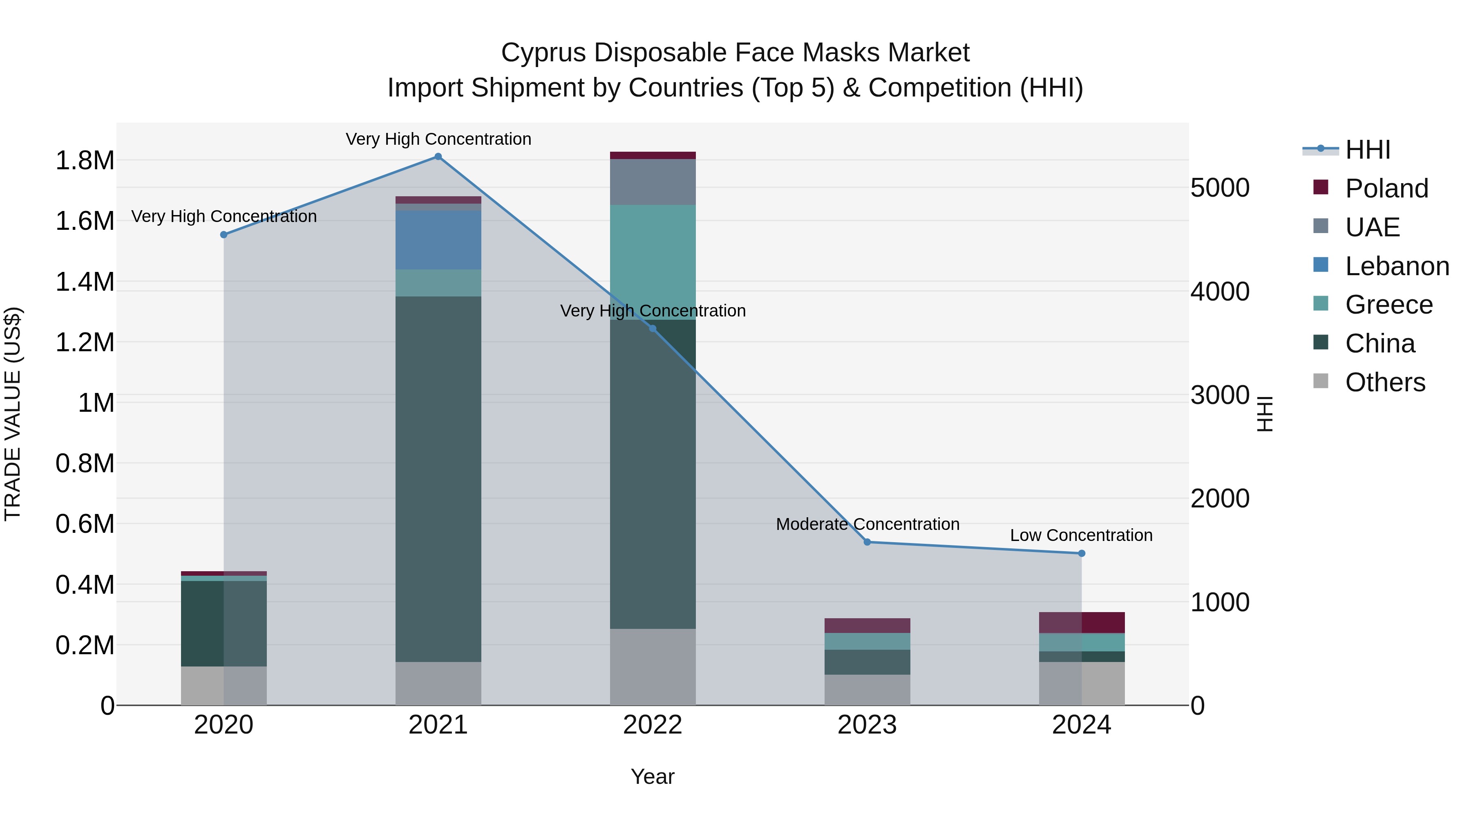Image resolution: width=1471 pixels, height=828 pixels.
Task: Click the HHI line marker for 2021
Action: (438, 156)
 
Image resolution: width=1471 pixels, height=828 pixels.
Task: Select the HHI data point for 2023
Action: (867, 542)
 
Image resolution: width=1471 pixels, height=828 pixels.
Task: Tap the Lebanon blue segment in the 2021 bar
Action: (438, 240)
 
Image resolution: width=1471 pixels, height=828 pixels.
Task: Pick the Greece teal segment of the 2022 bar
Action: (653, 262)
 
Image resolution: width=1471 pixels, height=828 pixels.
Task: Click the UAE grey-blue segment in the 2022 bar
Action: (653, 182)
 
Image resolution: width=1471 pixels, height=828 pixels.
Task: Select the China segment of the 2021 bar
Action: (438, 479)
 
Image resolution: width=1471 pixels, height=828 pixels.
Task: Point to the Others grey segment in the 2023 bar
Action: (867, 690)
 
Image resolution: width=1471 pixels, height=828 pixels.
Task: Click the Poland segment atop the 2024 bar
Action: (1082, 622)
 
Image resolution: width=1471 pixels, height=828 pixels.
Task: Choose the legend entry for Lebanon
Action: (1396, 266)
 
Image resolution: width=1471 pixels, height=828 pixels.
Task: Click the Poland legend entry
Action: (1386, 188)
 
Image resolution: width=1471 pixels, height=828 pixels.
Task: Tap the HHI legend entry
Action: (1367, 150)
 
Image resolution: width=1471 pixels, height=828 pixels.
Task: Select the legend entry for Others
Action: (1385, 382)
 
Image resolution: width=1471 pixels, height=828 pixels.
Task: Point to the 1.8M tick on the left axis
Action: (85, 161)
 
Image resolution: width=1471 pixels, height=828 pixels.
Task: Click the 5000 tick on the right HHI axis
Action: (1220, 188)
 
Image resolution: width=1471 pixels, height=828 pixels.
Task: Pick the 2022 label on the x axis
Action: (653, 725)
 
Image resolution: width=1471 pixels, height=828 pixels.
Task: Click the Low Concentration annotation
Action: (1081, 535)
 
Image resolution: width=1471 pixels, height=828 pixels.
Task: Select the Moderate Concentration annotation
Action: (867, 524)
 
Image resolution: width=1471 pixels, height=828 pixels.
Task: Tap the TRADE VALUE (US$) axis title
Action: (13, 414)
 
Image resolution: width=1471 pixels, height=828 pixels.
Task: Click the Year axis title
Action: (652, 776)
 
